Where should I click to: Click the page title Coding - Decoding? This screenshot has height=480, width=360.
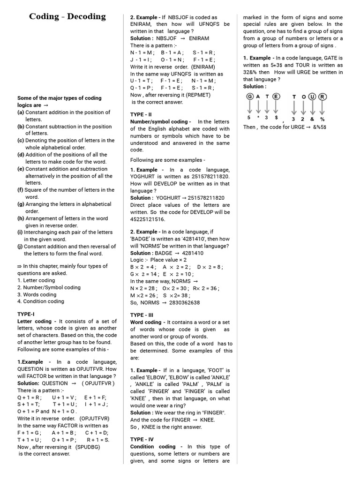(67, 17)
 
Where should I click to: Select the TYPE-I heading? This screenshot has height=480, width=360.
(26, 314)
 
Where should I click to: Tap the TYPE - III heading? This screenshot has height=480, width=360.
(142, 315)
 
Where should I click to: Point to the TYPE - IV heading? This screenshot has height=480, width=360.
(142, 440)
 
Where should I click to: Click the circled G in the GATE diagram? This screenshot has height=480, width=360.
(250, 97)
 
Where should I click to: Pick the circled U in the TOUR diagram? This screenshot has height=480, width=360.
(313, 97)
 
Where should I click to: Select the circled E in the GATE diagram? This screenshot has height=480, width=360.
(277, 97)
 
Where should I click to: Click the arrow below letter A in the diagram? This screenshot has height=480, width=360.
(259, 108)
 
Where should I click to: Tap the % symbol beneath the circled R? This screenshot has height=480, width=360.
(322, 119)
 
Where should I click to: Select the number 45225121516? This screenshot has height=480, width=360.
(148, 219)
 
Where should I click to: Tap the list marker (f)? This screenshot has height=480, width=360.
(20, 190)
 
